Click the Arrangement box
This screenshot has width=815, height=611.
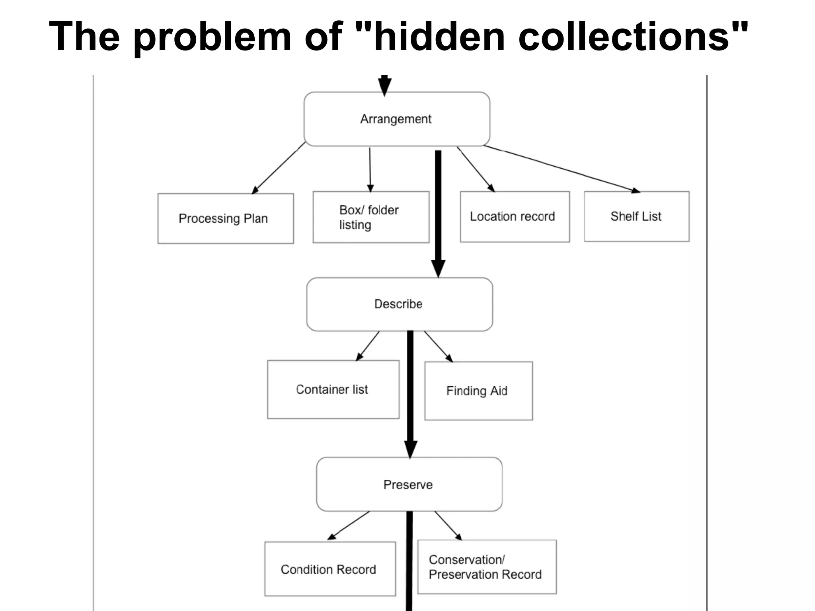[397, 119]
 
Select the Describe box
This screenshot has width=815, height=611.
[400, 304]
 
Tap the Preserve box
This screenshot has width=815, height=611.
[409, 484]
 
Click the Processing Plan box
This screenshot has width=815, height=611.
[225, 218]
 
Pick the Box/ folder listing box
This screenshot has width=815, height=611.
[371, 217]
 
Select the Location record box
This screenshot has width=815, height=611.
[515, 217]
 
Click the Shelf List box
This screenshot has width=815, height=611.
[636, 216]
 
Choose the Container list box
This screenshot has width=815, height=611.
[333, 389]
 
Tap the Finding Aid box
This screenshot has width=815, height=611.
[478, 391]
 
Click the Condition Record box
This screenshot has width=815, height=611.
[330, 569]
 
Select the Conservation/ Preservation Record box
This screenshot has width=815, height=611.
[487, 567]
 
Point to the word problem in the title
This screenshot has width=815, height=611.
[212, 37]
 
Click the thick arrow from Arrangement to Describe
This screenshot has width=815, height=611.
[438, 211]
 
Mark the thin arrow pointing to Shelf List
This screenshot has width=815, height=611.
[561, 169]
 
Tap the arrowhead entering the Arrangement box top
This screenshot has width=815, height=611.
[384, 86]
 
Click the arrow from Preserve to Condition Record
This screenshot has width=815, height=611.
[349, 525]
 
